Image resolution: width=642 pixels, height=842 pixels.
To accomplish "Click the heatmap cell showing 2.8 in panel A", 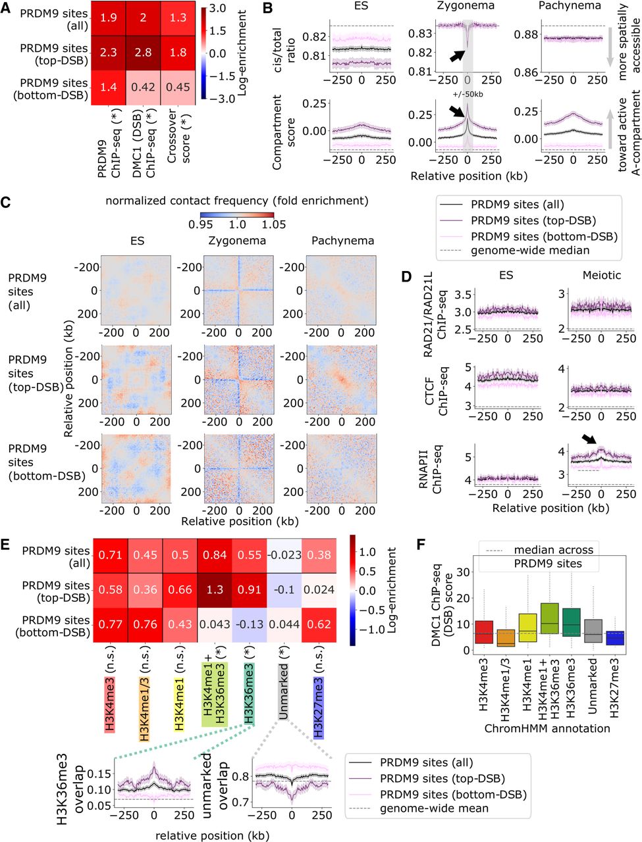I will [x=143, y=53].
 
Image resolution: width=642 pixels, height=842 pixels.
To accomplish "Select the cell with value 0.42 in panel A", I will [x=143, y=87].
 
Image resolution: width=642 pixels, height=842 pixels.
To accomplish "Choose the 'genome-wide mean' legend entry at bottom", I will [x=434, y=808].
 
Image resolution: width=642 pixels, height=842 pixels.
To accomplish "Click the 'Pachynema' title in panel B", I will [x=570, y=6].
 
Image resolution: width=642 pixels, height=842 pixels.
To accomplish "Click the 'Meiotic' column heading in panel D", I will [x=601, y=274].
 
